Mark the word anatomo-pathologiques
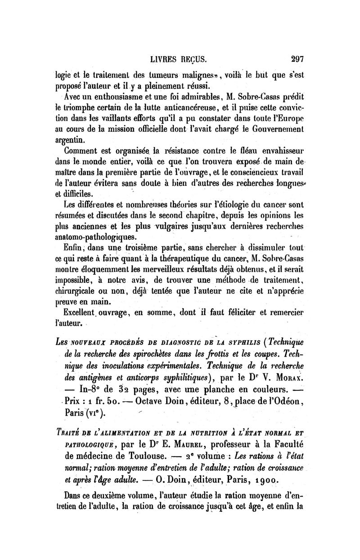tap(96, 237)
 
